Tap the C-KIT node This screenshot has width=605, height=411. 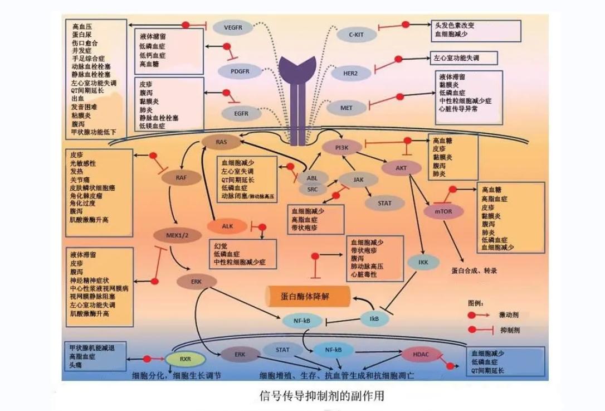(357, 34)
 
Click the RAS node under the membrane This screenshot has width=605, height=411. (221, 142)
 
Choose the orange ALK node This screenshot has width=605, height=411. (227, 226)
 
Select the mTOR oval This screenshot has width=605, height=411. (438, 211)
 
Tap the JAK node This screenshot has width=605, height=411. (359, 179)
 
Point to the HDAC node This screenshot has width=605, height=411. (421, 354)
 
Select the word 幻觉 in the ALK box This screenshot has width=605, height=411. (221, 245)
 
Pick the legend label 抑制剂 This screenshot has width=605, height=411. (510, 330)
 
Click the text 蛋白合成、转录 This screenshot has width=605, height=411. (474, 270)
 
